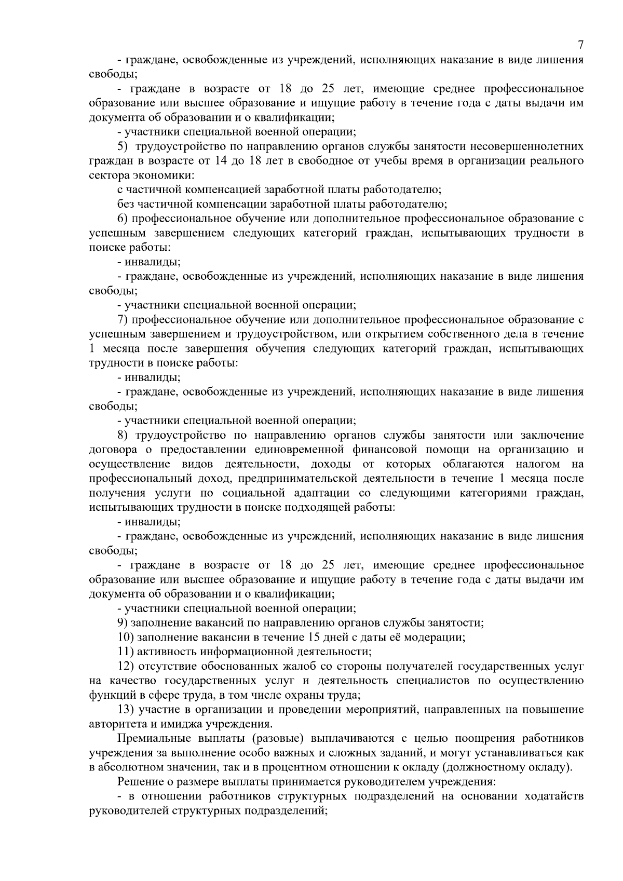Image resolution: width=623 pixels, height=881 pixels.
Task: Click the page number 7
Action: tap(580, 45)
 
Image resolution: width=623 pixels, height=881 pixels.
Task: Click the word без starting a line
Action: tap(125, 204)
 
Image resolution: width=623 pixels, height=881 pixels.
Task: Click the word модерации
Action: tap(435, 637)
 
